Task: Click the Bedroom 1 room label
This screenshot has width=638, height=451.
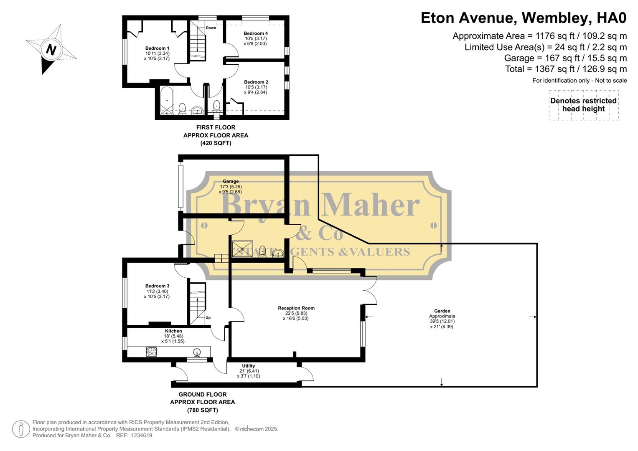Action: (x=157, y=48)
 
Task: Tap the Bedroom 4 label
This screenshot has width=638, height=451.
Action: (x=256, y=33)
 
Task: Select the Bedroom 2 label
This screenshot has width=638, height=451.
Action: (x=256, y=82)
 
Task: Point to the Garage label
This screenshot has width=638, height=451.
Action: (x=231, y=182)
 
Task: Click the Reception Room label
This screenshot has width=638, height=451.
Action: (x=296, y=308)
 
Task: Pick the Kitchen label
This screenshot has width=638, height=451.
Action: (x=173, y=331)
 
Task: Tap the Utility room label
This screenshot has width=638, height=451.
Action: (x=248, y=366)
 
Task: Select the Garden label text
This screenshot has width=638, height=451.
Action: (x=442, y=311)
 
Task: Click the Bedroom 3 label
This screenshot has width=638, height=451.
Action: (x=157, y=286)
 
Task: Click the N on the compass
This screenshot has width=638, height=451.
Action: (x=51, y=50)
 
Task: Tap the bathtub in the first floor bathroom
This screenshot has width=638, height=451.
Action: (x=166, y=101)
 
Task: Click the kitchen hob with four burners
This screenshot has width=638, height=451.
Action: (x=151, y=352)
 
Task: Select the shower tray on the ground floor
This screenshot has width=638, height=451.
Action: (x=242, y=248)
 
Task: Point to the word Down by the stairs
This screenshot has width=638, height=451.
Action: (x=211, y=28)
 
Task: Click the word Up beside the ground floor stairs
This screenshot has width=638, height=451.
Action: (x=208, y=317)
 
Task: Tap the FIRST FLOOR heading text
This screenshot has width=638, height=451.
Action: (x=216, y=127)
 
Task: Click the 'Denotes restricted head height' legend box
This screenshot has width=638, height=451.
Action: (x=583, y=105)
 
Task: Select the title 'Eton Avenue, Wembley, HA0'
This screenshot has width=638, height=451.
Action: (x=524, y=18)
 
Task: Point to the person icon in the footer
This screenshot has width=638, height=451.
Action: (x=20, y=429)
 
